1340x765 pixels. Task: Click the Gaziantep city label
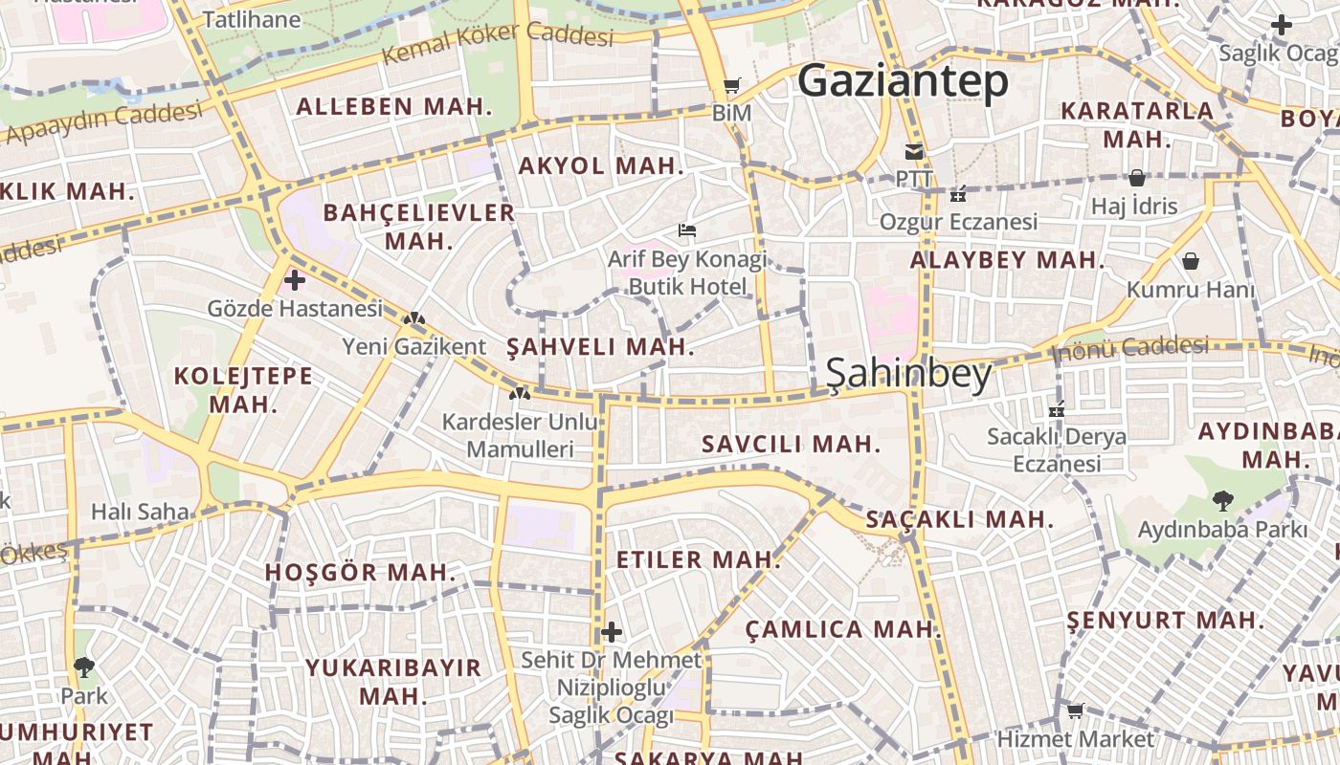point(903,81)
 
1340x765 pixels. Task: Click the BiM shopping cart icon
point(732,86)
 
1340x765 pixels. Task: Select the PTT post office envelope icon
point(914,151)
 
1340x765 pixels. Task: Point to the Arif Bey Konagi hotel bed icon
point(686,230)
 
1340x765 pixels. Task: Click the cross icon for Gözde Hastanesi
point(295,280)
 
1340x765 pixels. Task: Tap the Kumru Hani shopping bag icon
point(1191,261)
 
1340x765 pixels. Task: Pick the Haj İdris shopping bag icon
point(1136,178)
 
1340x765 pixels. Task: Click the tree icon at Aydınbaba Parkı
point(1222,500)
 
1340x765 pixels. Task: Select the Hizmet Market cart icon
point(1075,710)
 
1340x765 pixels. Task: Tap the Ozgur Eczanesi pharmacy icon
point(957,194)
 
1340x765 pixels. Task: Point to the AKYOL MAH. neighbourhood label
point(601,165)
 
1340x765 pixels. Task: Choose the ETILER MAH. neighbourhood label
point(699,559)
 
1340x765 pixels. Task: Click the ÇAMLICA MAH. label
point(843,629)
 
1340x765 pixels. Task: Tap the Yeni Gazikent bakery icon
point(413,318)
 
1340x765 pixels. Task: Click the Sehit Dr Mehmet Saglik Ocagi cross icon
point(612,632)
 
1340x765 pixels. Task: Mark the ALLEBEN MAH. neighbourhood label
point(394,106)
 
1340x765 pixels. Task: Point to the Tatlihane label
point(252,19)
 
